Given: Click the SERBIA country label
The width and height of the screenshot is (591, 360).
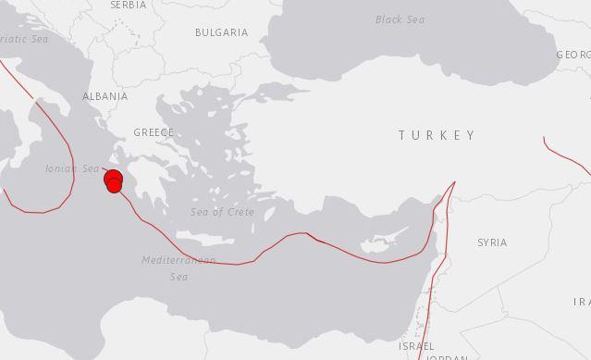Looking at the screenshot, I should tap(128, 5).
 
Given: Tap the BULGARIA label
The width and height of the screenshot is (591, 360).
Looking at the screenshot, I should tap(221, 32).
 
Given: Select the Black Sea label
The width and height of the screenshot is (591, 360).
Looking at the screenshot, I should tap(400, 19).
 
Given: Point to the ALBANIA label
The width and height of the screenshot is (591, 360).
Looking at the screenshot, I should tap(105, 96).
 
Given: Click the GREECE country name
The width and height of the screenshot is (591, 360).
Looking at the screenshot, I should tap(154, 132).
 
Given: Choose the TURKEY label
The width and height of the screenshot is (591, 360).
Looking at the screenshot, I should tap(437, 135).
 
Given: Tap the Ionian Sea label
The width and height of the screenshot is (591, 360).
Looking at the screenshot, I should tap(71, 168).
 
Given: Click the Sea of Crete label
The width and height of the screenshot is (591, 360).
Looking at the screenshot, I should tap(222, 212).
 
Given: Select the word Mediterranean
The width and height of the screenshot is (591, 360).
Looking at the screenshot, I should tap(179, 260).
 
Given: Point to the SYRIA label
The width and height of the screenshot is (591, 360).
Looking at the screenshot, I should tap(491, 242).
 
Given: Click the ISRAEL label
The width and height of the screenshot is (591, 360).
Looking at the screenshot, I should tap(415, 345).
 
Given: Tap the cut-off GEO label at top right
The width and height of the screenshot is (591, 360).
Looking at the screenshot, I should tap(573, 56).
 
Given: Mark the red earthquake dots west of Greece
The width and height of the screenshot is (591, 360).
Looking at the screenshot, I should tap(114, 181).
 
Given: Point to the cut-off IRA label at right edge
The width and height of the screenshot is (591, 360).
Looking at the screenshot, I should tap(582, 302).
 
